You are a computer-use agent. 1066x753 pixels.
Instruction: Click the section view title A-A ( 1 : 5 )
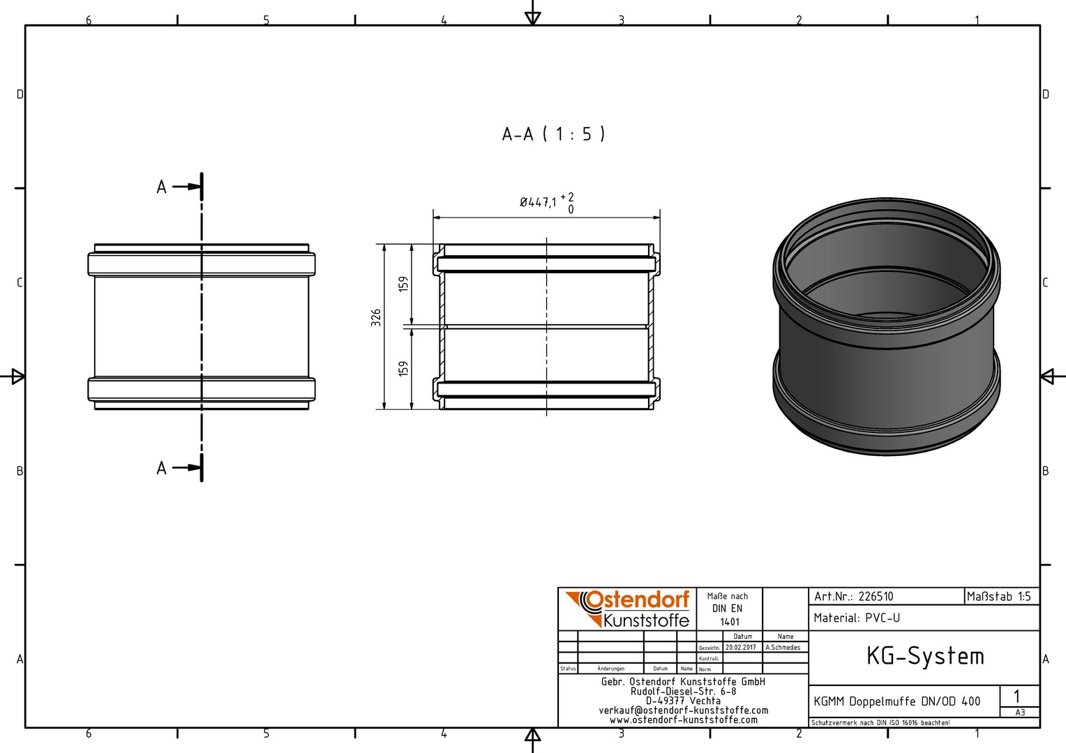coord(553,134)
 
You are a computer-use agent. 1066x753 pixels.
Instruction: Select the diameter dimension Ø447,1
coord(538,203)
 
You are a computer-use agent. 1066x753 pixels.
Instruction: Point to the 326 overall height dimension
coord(376,318)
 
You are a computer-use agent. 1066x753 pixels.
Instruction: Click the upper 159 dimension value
coord(403,284)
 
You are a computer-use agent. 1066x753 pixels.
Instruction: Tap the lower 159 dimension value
coord(403,369)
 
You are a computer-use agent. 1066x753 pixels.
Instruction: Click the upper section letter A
coord(162,188)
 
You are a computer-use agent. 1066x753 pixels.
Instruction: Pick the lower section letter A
coord(162,469)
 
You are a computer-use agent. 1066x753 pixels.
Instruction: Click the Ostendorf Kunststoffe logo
coord(627,609)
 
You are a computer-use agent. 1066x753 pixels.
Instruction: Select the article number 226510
coord(876,597)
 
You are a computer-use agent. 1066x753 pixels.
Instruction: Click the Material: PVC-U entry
coord(857,618)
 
